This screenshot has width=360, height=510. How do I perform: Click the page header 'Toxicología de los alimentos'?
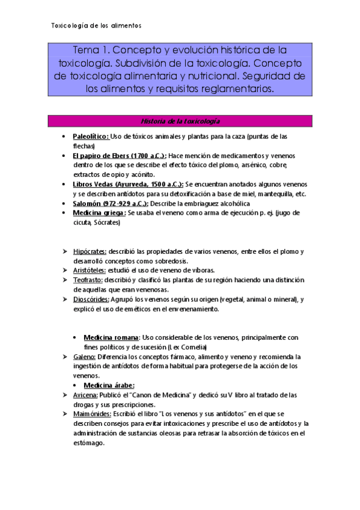click(96, 26)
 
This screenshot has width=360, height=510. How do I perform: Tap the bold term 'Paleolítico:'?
click(91, 137)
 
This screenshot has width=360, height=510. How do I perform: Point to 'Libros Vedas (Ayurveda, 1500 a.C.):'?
click(127, 184)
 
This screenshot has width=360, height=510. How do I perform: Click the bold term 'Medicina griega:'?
click(99, 213)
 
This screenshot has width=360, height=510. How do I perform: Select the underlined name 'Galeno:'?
click(84, 357)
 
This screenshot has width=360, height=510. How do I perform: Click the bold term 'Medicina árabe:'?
click(109, 386)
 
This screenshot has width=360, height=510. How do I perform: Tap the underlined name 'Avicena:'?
click(85, 395)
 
